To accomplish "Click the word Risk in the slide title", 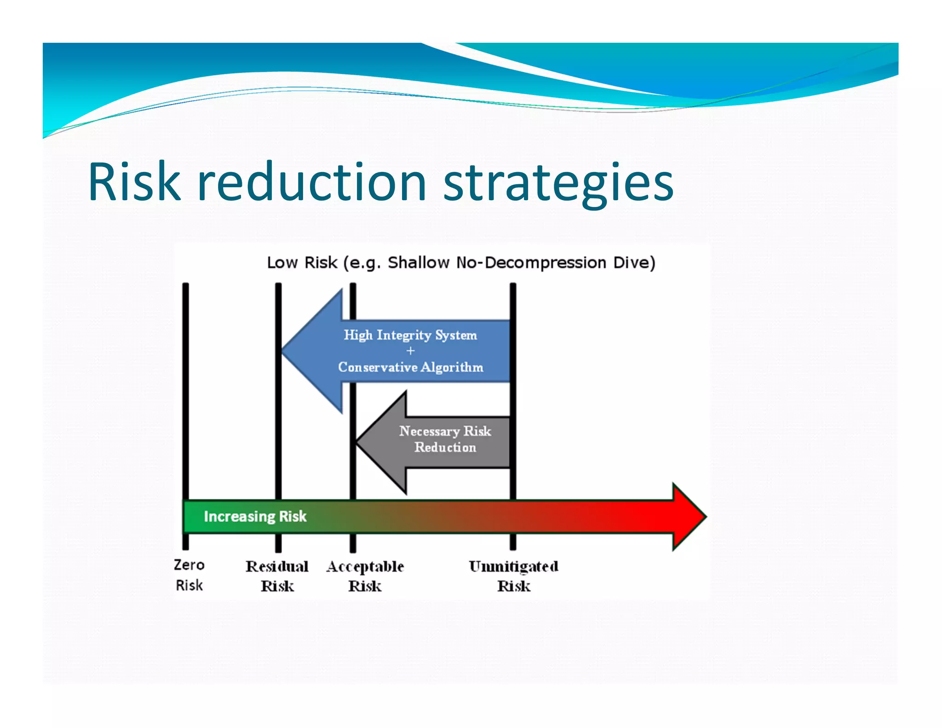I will coord(134,182).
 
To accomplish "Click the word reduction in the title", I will coord(312,182).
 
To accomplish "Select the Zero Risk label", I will coord(189,575).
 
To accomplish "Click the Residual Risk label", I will coord(277,576).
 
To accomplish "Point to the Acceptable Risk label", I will coord(365,576).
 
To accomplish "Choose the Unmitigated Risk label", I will coord(513,576).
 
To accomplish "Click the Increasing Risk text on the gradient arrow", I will coord(255,516).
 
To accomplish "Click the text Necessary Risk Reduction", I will coord(445,439).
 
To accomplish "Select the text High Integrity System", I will coord(410,335).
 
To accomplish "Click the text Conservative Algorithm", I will coord(410,367).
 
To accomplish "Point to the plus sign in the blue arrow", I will coord(410,351).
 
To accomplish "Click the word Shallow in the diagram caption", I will coord(418,263).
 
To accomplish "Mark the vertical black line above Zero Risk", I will coord(185,391).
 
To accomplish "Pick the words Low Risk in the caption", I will coord(302,263).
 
